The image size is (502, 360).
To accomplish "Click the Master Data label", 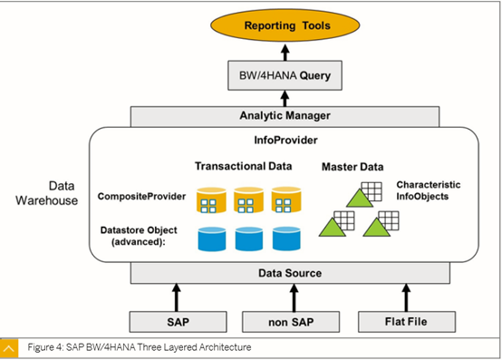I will (x=352, y=167).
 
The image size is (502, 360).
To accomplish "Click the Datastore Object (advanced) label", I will (x=138, y=238).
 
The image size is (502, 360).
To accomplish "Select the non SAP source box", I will (x=292, y=321).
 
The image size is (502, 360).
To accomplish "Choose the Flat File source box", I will (x=407, y=321).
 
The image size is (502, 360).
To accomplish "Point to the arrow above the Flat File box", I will (x=407, y=297).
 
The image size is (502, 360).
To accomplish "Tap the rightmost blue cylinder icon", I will (x=286, y=238).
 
